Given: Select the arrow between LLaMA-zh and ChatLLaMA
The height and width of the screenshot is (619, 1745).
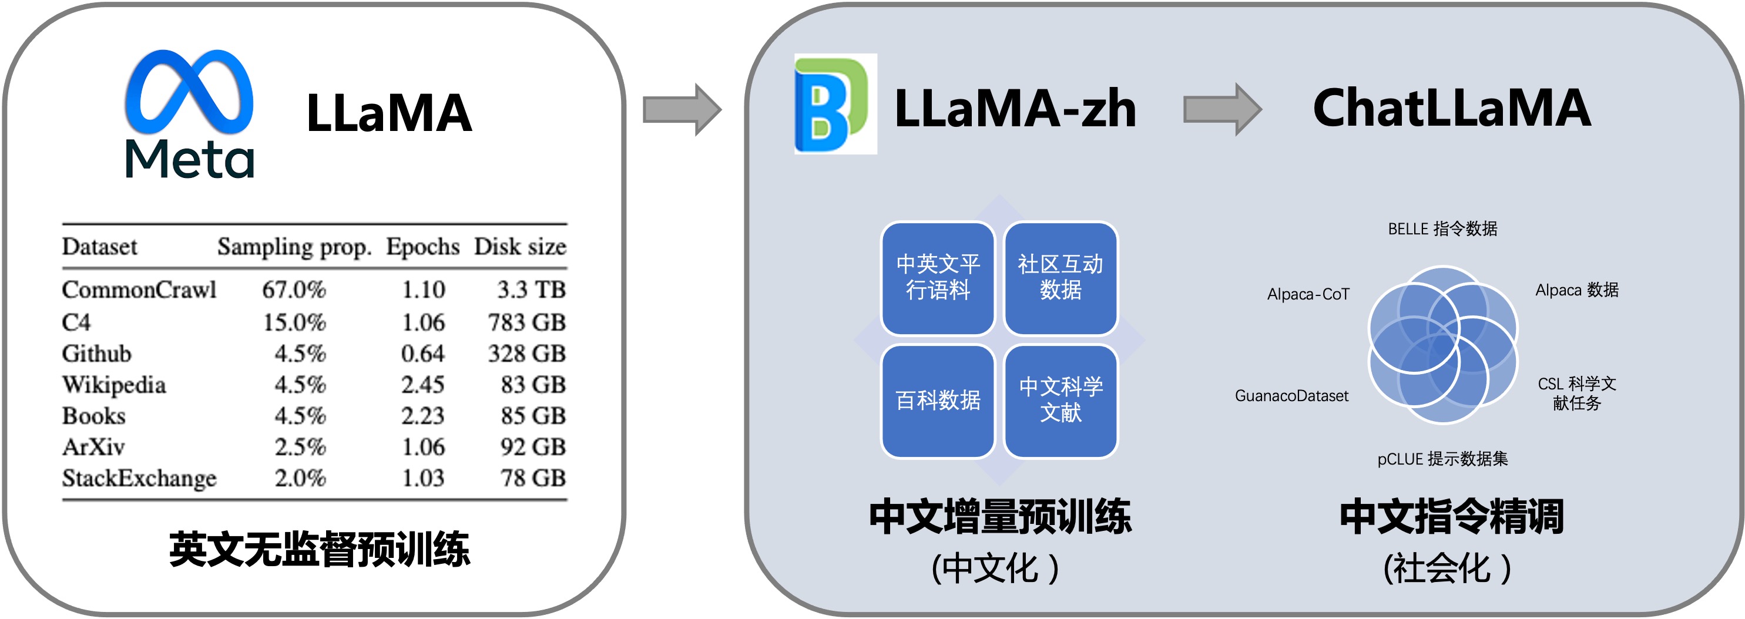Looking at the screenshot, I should coord(1221,109).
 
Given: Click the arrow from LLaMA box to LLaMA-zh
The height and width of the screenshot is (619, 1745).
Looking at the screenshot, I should coord(682,109).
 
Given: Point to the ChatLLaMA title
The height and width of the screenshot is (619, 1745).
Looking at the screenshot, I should coord(1451,109).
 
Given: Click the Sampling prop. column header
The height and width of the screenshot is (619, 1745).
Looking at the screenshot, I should coord(294,247).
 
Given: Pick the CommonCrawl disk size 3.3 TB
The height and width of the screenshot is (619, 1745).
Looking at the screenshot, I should coord(531,290).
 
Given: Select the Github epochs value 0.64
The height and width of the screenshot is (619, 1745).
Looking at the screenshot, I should coord(422,354).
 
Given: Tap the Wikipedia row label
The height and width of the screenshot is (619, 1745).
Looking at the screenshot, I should coord(114,385).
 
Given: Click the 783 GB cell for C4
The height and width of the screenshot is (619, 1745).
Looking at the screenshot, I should coord(526,322).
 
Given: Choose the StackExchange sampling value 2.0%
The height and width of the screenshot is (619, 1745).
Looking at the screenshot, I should coord(300,478).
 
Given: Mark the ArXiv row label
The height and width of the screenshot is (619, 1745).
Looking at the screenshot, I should coord(93,447).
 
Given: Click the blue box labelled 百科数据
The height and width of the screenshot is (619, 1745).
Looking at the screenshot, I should coord(938,401).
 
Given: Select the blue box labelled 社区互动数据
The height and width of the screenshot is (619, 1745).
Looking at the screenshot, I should coord(1060,278).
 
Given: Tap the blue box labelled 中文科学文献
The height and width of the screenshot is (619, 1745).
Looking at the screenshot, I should coord(1060,401).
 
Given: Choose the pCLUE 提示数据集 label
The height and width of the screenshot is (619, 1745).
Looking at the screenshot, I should coord(1442,459).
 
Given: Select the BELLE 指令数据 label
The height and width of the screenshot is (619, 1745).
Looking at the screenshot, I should coord(1442,229).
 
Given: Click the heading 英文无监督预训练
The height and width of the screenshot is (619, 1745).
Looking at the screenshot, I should coord(319,549).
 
